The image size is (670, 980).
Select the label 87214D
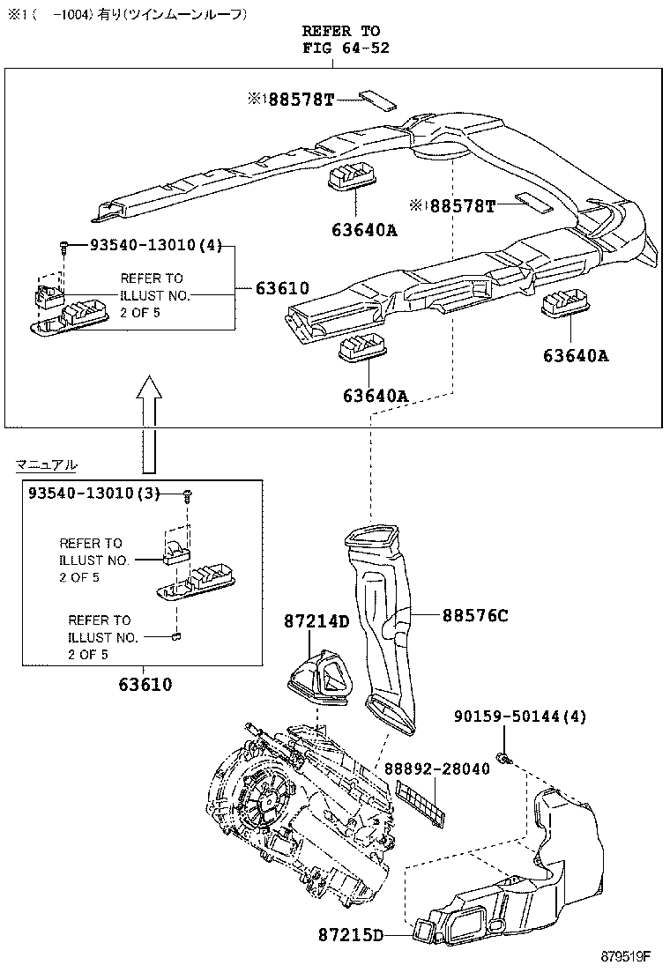pos(316,622)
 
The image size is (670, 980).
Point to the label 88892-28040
pos(436,768)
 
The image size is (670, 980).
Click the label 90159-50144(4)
pos(520,717)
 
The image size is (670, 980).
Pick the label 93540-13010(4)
pos(155,248)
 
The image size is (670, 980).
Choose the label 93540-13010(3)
pos(92,494)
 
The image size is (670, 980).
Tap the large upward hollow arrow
pos(151,423)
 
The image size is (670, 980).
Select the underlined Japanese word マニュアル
pos(46,464)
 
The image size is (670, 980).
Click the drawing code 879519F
pos(626,956)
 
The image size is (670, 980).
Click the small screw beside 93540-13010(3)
pos(188,496)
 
